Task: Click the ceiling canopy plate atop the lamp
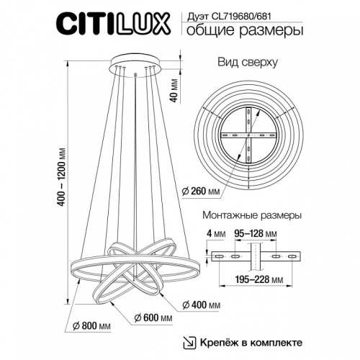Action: (x=134, y=63)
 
